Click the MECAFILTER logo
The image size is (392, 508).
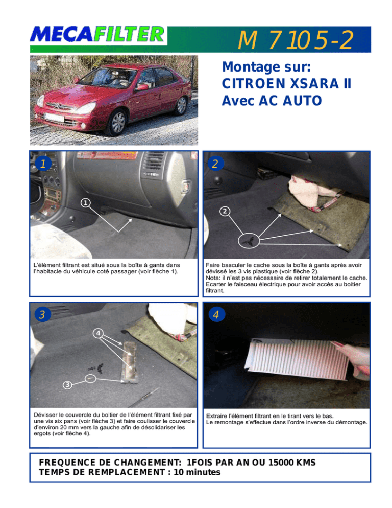coord(97,34)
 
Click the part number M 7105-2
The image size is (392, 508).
coord(295,40)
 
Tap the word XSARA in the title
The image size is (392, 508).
coord(314,84)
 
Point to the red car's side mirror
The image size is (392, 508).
coord(141,87)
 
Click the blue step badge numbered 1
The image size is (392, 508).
coord(43,164)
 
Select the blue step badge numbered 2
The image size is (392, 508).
coord(215,164)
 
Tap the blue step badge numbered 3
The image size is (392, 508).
coord(42,314)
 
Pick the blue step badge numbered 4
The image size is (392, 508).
coord(216,314)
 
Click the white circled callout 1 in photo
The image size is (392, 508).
coord(85,203)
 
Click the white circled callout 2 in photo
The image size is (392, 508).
coord(225,212)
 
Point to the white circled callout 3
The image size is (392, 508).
coord(67,384)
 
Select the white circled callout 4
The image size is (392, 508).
coord(98,333)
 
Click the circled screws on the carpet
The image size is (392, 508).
coord(249,241)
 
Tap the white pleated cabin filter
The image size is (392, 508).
coord(297,358)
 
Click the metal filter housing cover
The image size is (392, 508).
coord(129,361)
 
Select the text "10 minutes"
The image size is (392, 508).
coord(197,472)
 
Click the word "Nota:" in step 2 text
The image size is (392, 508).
coord(213,278)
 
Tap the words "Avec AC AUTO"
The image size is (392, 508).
coord(272,101)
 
